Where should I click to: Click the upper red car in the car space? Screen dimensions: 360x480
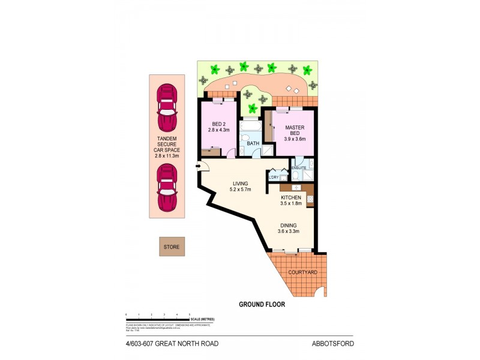(166, 109)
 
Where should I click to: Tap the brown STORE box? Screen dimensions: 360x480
(172, 246)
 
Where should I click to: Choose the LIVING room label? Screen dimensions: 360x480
(239, 186)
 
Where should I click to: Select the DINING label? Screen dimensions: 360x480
(287, 229)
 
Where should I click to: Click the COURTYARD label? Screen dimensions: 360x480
(302, 272)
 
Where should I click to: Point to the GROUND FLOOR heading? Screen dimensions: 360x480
(262, 304)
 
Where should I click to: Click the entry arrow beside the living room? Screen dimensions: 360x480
(197, 167)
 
